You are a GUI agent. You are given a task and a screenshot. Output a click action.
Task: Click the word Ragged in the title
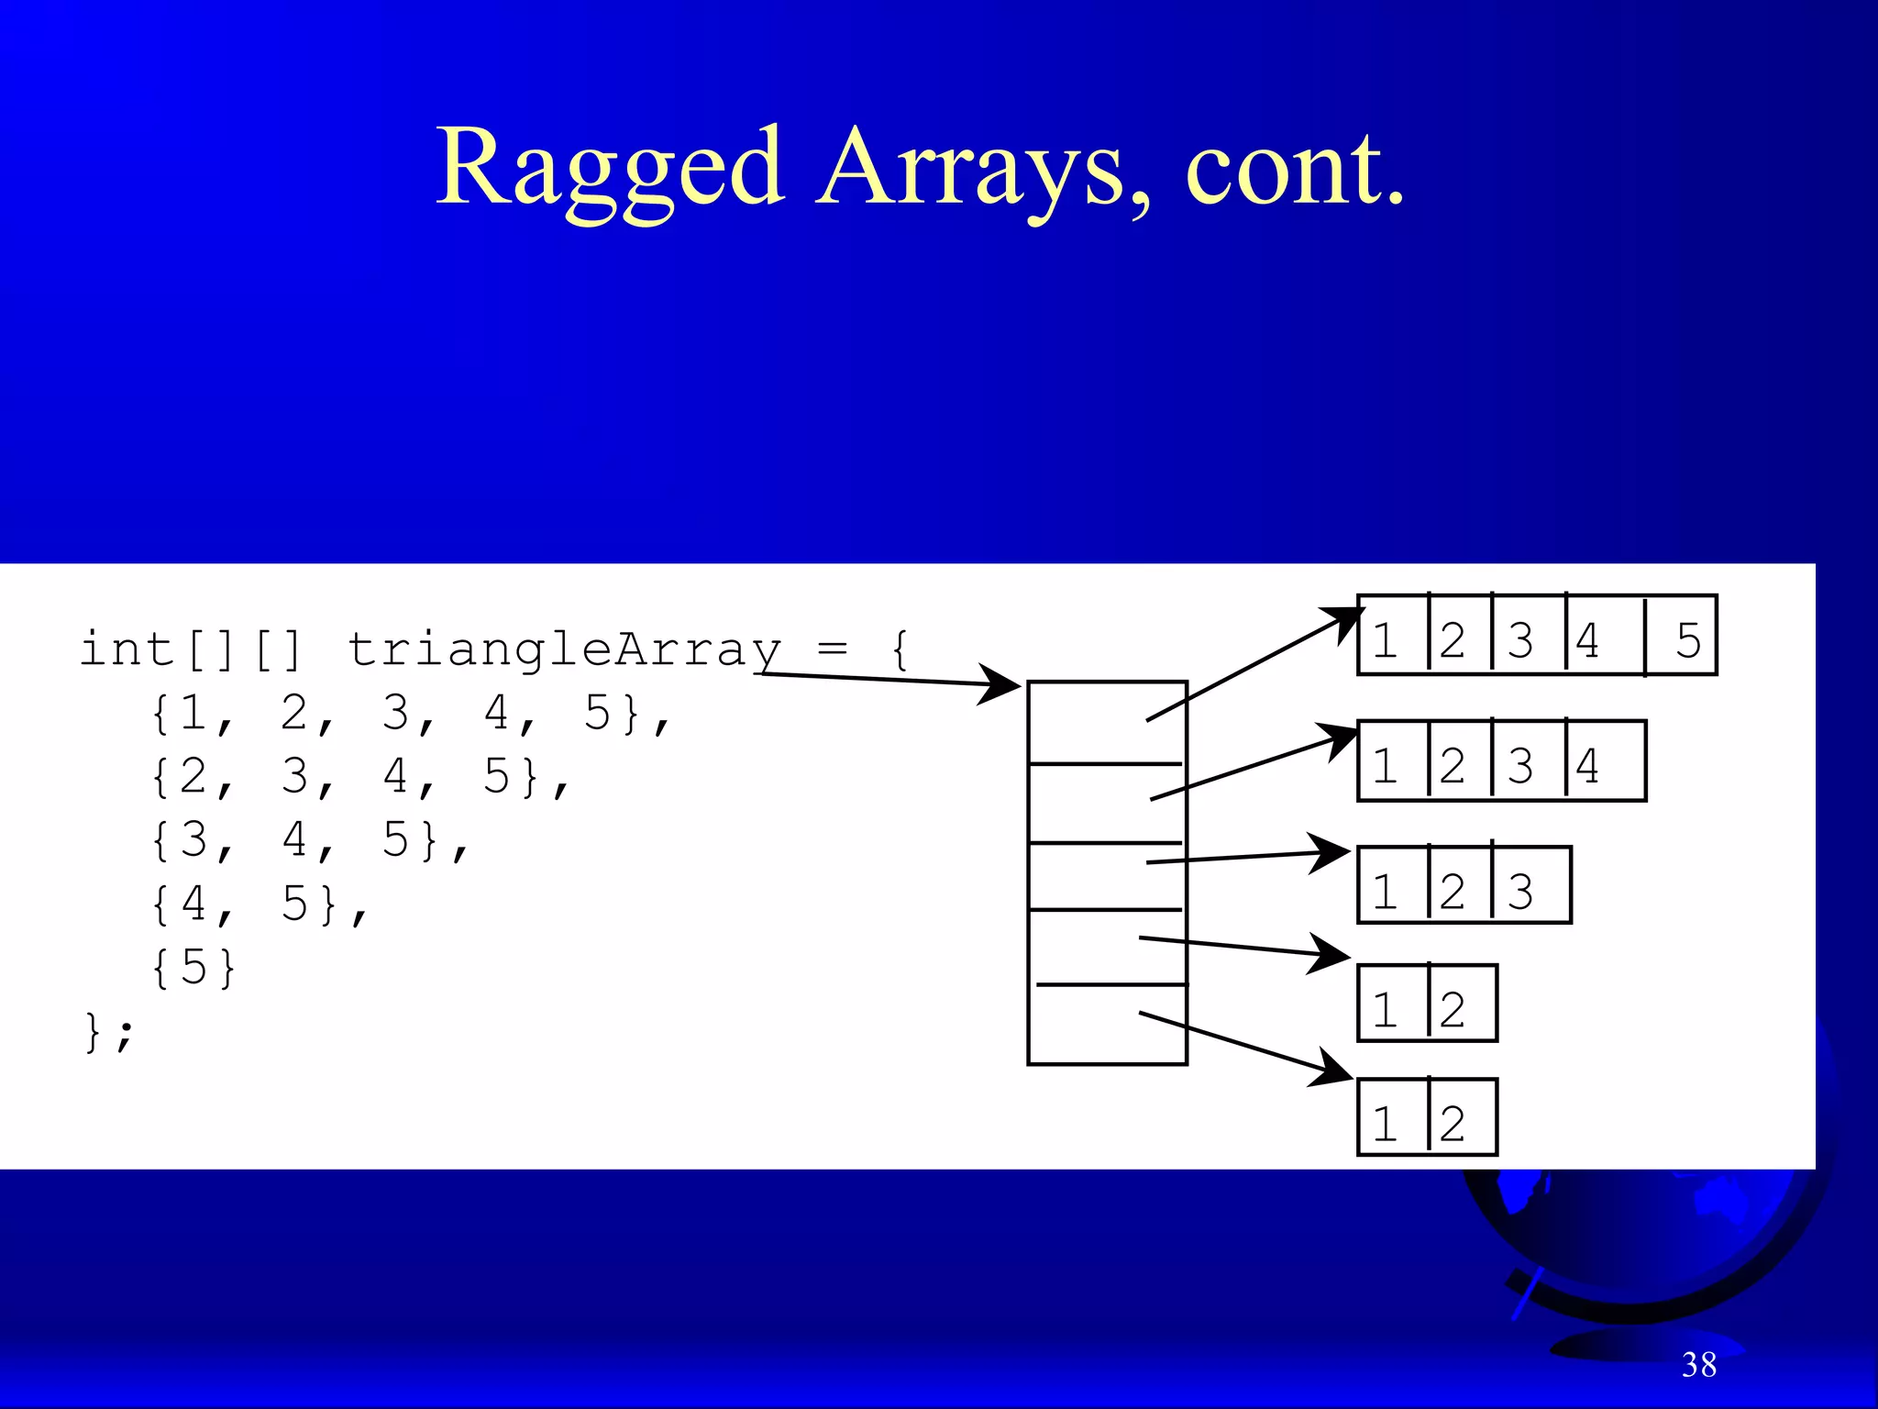(x=610, y=170)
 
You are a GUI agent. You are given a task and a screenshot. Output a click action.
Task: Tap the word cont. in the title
(x=1293, y=170)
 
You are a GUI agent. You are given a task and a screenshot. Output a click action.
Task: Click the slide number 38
(x=1698, y=1365)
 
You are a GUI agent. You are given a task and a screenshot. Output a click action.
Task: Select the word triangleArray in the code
(x=563, y=649)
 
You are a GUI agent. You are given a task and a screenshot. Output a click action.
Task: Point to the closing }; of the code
(x=108, y=1032)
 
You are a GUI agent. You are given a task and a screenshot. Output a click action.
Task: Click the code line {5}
(x=193, y=967)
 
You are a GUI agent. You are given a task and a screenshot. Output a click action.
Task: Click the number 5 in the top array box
(x=1687, y=639)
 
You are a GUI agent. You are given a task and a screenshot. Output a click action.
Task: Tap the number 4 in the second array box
(x=1587, y=765)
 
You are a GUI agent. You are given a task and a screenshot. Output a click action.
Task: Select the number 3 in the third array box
(x=1519, y=891)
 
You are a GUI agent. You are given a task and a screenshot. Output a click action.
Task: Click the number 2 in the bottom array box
(x=1452, y=1123)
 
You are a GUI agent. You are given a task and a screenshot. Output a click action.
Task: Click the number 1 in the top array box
(x=1385, y=639)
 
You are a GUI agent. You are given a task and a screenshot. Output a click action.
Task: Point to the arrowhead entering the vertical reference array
(x=1001, y=683)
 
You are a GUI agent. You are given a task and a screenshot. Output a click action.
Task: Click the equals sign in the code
(x=832, y=649)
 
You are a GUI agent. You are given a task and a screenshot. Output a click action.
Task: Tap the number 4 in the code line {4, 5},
(x=193, y=903)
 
